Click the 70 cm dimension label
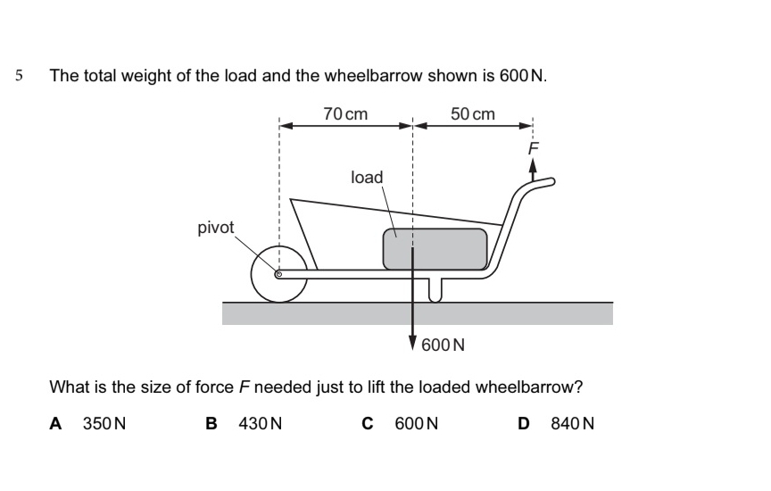coord(345,114)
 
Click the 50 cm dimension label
coord(472,114)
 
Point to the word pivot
coord(216,228)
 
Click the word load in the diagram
coord(367,178)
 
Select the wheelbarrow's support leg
coord(435,289)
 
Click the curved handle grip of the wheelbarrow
coord(539,185)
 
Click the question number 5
coord(20,76)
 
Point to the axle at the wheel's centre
coord(278,275)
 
